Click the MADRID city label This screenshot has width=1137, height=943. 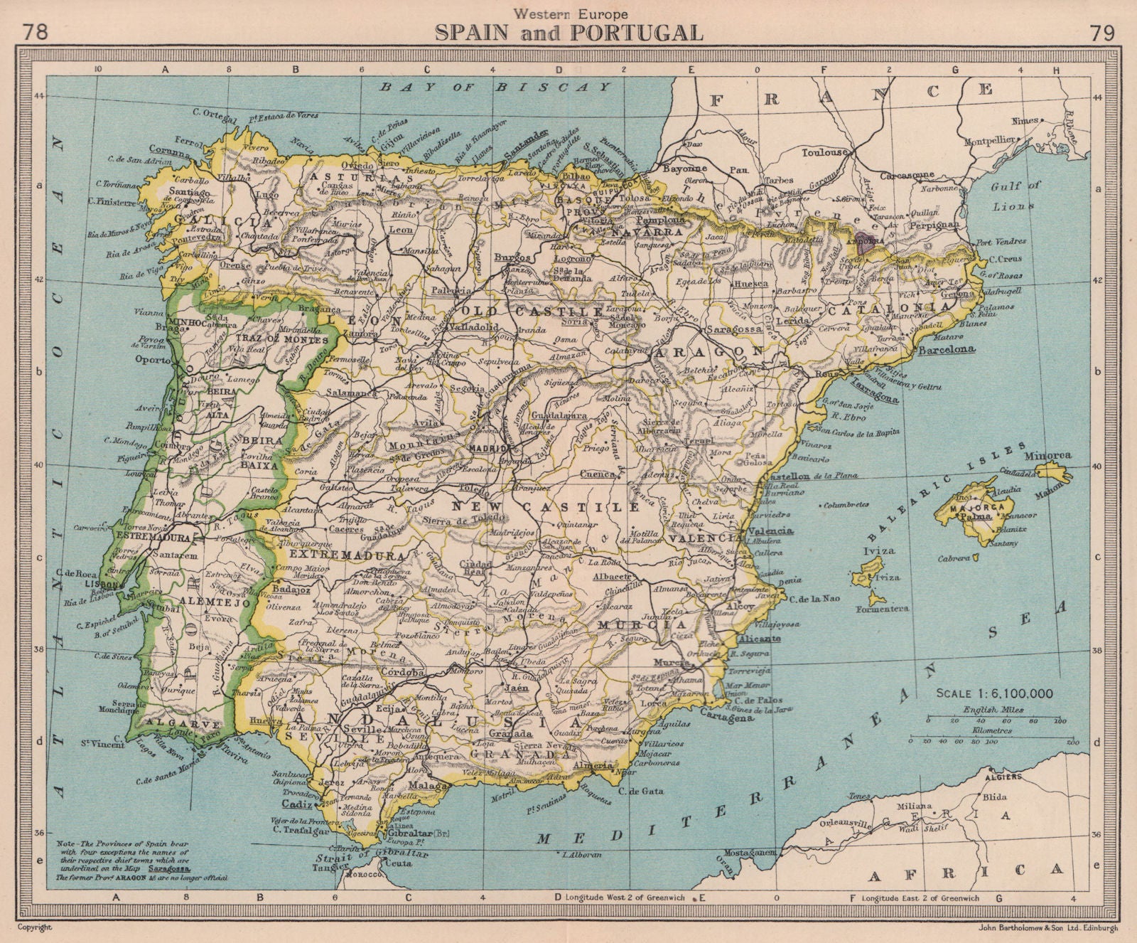[x=487, y=449]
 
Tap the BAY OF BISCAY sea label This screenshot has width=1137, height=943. [x=495, y=87]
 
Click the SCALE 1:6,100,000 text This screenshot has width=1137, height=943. [x=994, y=693]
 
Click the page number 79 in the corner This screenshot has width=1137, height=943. [x=1101, y=33]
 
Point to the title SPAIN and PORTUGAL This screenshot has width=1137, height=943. [x=568, y=32]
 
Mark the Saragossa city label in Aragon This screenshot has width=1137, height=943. [x=732, y=331]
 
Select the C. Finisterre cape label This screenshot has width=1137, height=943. [x=112, y=201]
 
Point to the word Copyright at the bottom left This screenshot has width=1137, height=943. [x=36, y=927]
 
